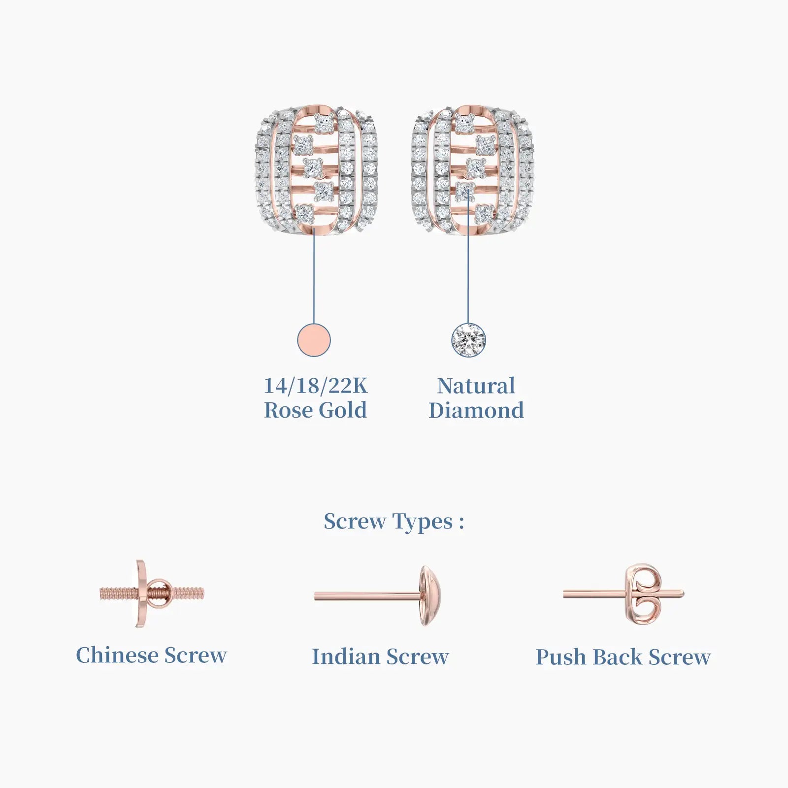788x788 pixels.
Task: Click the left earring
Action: [317, 170]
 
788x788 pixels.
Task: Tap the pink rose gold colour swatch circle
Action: [314, 340]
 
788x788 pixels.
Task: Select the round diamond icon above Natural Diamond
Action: [468, 340]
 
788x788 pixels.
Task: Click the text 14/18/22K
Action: [316, 386]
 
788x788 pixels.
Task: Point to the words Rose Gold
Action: [316, 410]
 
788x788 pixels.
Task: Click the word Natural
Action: [476, 386]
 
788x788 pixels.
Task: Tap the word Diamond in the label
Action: [476, 410]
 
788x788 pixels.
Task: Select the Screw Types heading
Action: [394, 522]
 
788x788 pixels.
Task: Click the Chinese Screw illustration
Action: [152, 593]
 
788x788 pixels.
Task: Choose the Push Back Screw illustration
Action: [624, 594]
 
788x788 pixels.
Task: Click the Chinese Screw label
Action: [152, 655]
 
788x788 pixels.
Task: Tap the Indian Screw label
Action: [380, 657]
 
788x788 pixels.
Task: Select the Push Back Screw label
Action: [623, 657]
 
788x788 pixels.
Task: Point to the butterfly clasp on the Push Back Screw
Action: [643, 594]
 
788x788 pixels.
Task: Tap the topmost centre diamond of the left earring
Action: [324, 123]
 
